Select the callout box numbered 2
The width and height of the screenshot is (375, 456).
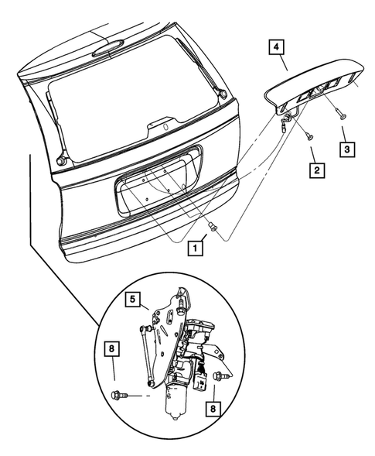[x=314, y=168]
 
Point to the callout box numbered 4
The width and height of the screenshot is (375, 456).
[x=275, y=48]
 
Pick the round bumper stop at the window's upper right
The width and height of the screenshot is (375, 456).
[x=223, y=94]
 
